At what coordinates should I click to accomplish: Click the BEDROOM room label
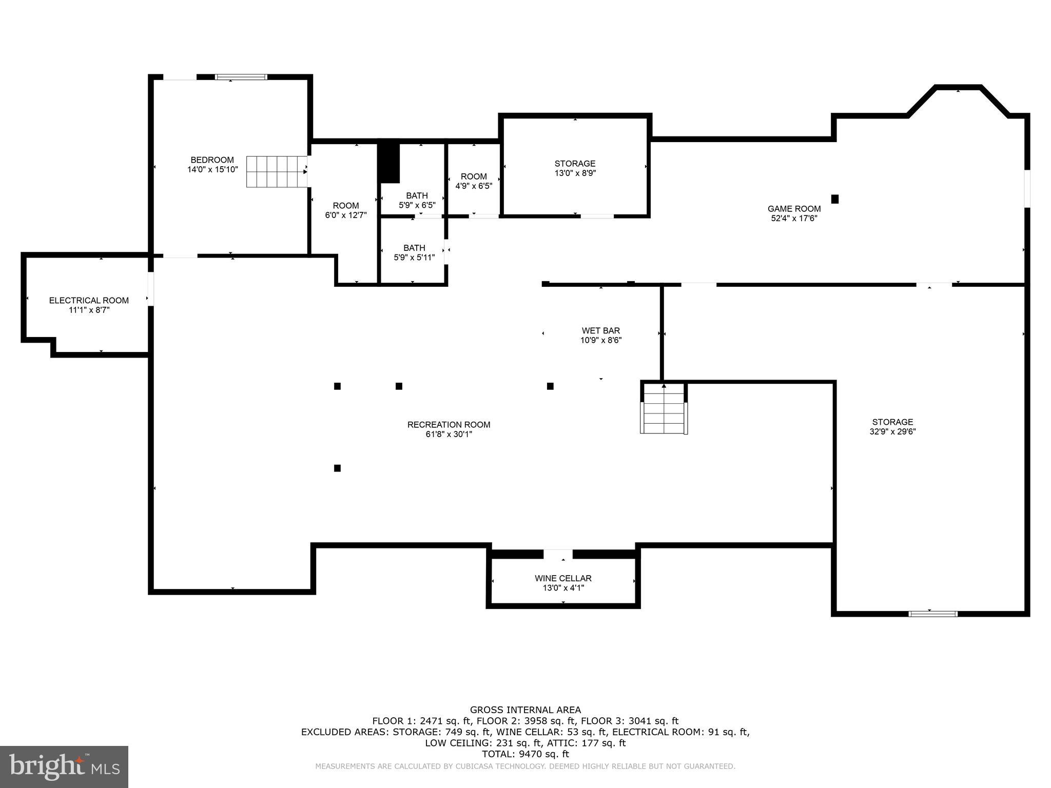click(212, 160)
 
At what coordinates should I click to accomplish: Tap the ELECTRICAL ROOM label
click(89, 301)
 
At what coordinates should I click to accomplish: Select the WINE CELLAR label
click(563, 578)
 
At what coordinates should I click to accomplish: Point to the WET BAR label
click(600, 331)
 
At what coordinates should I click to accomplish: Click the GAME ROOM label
click(794, 209)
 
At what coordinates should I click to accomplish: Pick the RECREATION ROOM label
click(449, 425)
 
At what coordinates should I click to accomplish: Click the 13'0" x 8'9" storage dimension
click(575, 173)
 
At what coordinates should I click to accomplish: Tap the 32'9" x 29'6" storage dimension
click(892, 432)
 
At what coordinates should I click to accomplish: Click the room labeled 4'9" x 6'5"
click(474, 181)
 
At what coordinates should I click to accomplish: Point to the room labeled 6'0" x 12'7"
click(345, 210)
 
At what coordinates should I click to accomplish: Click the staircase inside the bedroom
click(276, 172)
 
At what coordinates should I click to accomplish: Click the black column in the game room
click(835, 199)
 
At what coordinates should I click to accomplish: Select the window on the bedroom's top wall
click(241, 77)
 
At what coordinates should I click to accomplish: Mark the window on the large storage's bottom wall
click(932, 614)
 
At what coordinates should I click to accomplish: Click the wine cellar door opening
click(558, 554)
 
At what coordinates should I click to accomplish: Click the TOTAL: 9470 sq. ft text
click(525, 754)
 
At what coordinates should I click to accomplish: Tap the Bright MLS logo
click(64, 766)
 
